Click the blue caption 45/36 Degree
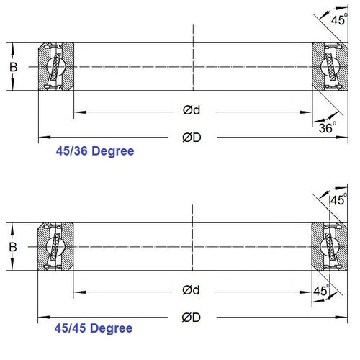(x=95, y=152)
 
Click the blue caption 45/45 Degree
(x=94, y=328)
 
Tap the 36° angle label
(x=328, y=127)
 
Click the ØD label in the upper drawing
(x=192, y=138)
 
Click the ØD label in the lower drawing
(x=192, y=316)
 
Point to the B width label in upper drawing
(x=12, y=66)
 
